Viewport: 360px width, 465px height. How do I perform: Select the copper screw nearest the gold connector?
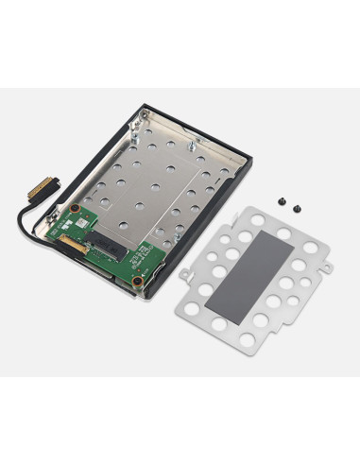coord(74,208)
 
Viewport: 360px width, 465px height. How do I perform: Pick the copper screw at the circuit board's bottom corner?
coord(137,282)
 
